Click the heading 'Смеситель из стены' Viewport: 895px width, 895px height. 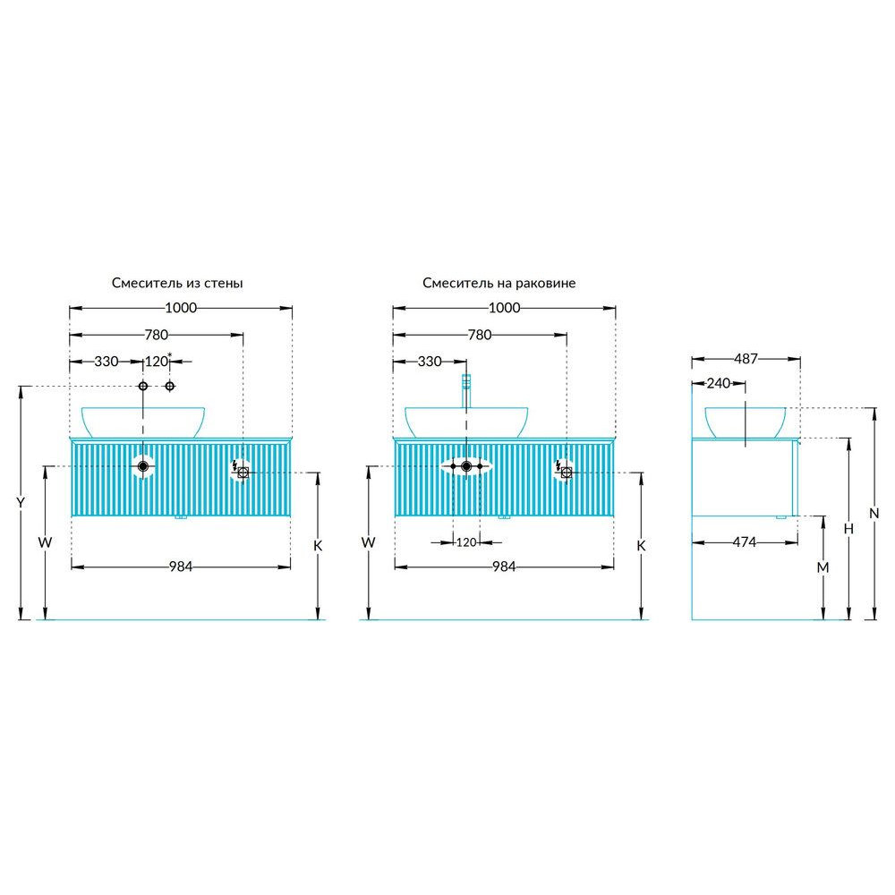coord(177,283)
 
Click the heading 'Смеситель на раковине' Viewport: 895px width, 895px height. coord(499,283)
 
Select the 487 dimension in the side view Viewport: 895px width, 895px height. coord(746,359)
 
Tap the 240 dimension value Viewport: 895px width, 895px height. coord(718,384)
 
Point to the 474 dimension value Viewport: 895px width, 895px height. coord(745,542)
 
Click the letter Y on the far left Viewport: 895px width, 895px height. coord(21,503)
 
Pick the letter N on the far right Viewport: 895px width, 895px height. coord(874,514)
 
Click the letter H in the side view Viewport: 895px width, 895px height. coord(848,529)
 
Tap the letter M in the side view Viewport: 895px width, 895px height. coord(823,567)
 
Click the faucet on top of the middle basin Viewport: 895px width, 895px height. coord(465,391)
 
